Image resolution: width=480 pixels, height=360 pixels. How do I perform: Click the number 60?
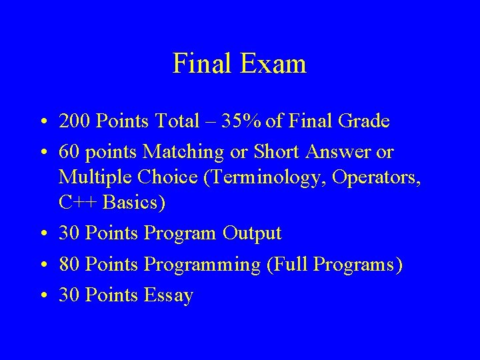69,153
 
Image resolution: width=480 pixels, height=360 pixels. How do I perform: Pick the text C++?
80,203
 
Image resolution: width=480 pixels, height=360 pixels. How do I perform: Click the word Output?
252,234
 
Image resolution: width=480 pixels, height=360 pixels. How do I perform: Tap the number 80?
69,265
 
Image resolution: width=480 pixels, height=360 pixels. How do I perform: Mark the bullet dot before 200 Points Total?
41,122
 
